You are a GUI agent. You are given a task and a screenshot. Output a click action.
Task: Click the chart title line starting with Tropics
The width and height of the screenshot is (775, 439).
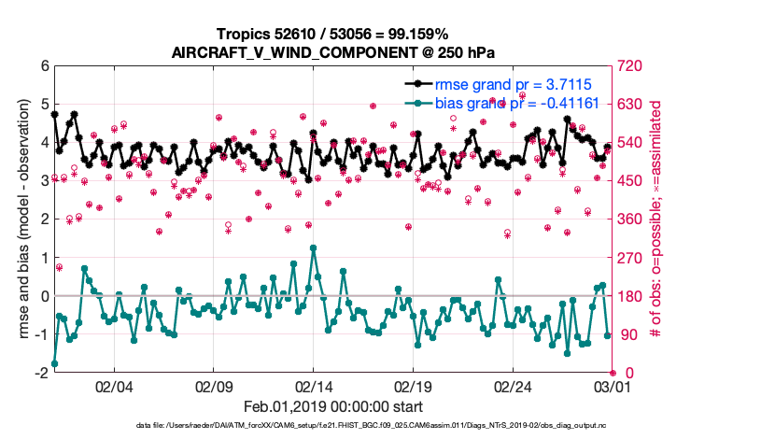coord(332,35)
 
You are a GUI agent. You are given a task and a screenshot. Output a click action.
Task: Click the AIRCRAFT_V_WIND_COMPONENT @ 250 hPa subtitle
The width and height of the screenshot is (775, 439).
coord(332,52)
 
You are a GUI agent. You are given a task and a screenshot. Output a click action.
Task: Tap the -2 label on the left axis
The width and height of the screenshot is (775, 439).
coord(41,373)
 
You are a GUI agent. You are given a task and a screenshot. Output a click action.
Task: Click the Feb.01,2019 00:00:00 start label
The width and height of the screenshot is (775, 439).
coord(332,407)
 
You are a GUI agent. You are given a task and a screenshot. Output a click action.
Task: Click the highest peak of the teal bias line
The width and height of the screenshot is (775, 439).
coord(313,248)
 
